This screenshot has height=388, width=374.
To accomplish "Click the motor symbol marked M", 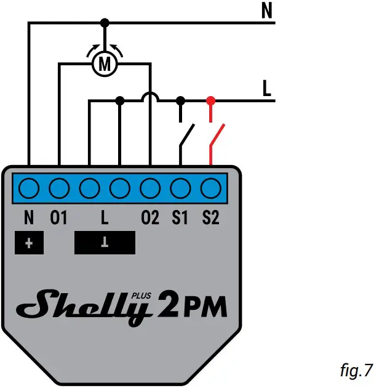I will point(105,63).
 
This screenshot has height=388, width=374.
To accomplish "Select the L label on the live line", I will point(267,89).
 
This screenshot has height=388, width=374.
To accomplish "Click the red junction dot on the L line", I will point(211,100).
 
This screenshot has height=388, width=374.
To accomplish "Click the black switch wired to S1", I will point(186,136).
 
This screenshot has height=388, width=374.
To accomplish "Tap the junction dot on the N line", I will point(105,23).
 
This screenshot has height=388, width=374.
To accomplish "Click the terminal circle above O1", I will point(59,187).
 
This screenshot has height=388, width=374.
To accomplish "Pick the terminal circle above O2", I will point(150,187).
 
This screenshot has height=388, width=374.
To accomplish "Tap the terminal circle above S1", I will point(180,187).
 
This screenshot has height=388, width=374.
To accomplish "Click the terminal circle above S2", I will point(211,187).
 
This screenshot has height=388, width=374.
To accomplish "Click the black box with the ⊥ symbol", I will point(105,243).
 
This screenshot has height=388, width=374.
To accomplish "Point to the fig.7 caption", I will point(356,371).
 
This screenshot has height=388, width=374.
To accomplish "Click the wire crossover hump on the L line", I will point(150,97).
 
